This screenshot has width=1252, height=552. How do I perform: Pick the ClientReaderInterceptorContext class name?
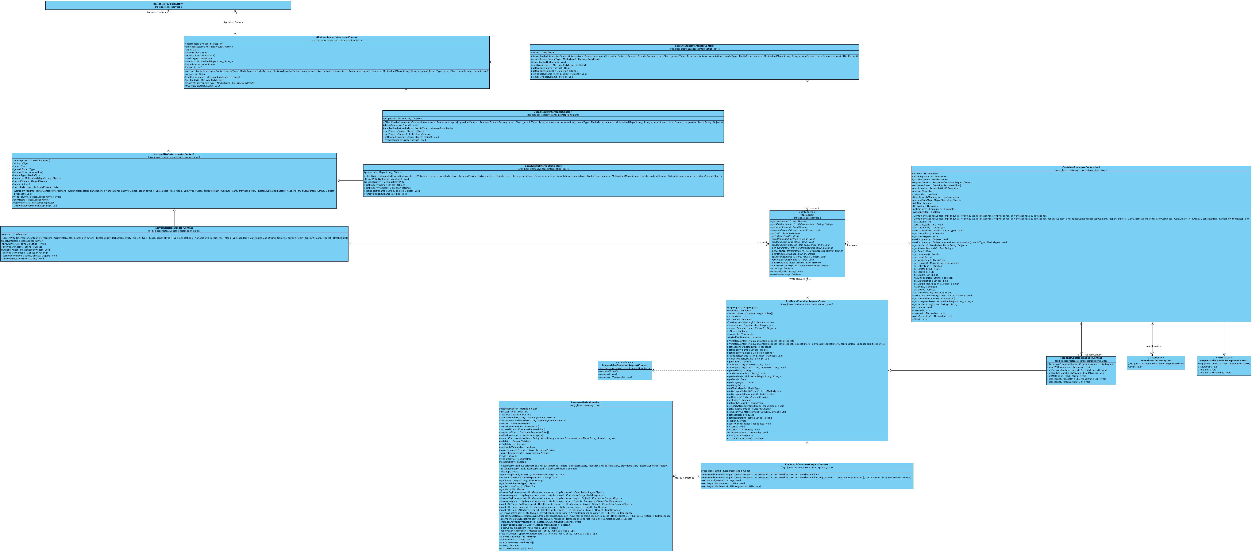(x=553, y=112)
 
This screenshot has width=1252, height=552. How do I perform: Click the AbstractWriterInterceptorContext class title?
(x=174, y=154)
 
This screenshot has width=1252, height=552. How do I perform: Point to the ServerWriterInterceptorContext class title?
(x=174, y=228)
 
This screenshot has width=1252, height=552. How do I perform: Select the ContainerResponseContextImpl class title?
(x=1081, y=167)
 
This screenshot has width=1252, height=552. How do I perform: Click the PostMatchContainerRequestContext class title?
(x=807, y=464)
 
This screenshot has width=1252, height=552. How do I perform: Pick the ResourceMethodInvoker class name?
(x=585, y=403)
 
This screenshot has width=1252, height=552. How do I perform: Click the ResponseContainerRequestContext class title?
(x=1081, y=358)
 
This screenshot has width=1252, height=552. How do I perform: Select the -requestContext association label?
(x=1093, y=355)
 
